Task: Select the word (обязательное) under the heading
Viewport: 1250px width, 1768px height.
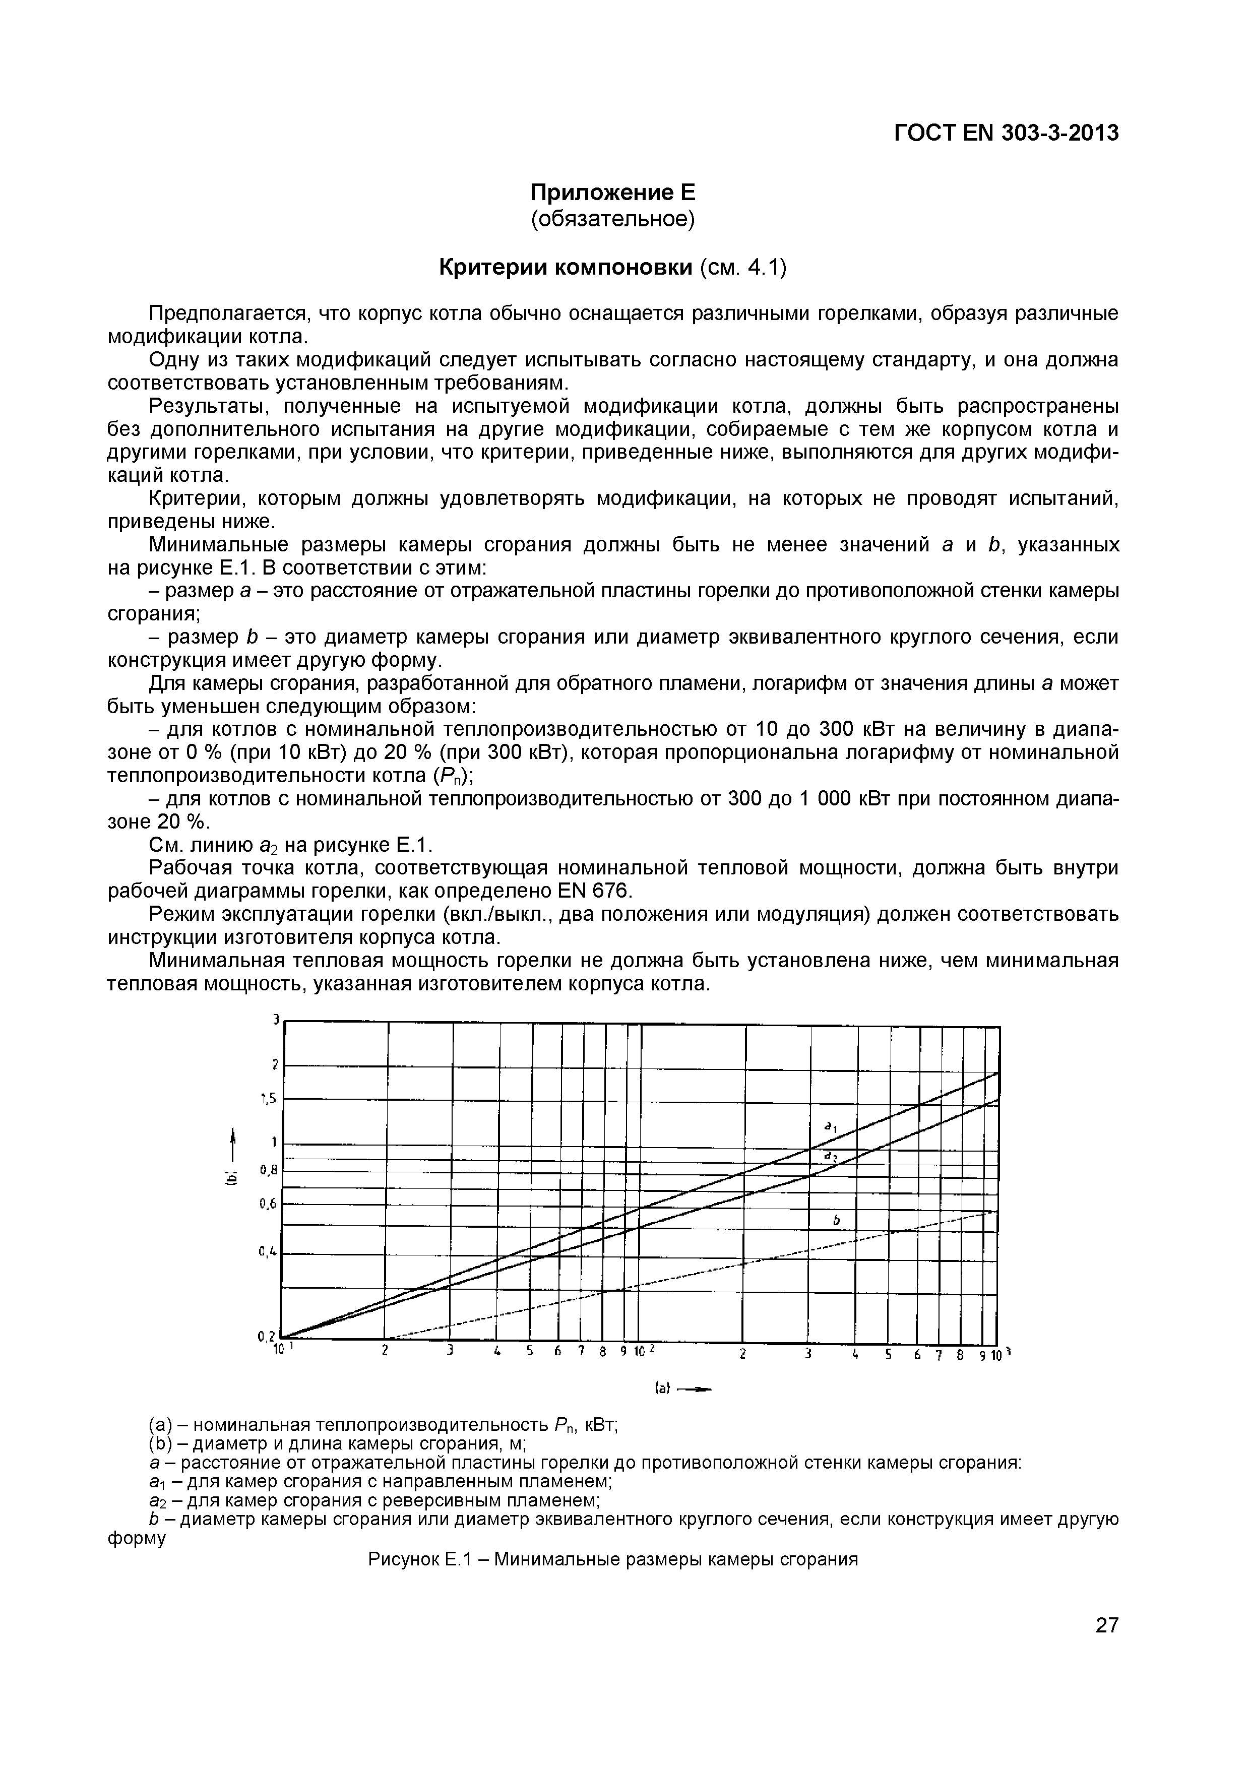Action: click(x=613, y=219)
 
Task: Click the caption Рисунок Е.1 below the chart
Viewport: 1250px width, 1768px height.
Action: click(x=612, y=1560)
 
